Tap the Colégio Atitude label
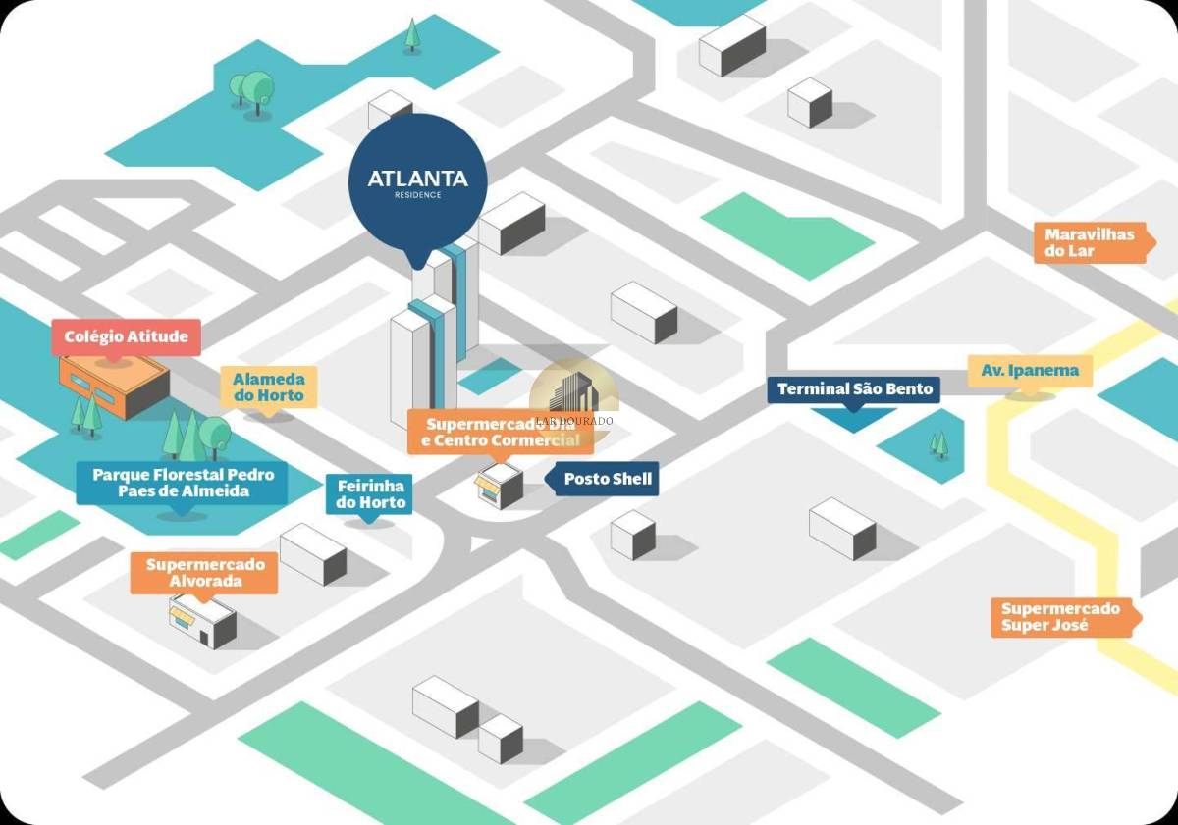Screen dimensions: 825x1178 [126, 337]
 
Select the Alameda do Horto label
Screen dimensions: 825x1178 [269, 387]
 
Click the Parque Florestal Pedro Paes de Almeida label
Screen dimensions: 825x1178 [183, 483]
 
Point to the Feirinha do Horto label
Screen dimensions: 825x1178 [370, 494]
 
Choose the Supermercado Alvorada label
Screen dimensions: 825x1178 [205, 573]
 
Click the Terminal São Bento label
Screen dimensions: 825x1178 [854, 389]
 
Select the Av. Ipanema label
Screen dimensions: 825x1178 [1030, 371]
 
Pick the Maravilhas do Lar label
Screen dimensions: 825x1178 [1089, 242]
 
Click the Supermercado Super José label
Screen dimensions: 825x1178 [1060, 617]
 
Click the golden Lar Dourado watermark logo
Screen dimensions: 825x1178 [574, 397]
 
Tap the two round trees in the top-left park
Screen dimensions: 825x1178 [252, 91]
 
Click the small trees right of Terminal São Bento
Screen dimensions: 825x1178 [939, 445]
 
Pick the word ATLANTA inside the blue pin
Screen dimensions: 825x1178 [418, 180]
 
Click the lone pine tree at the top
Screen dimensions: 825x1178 [413, 34]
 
